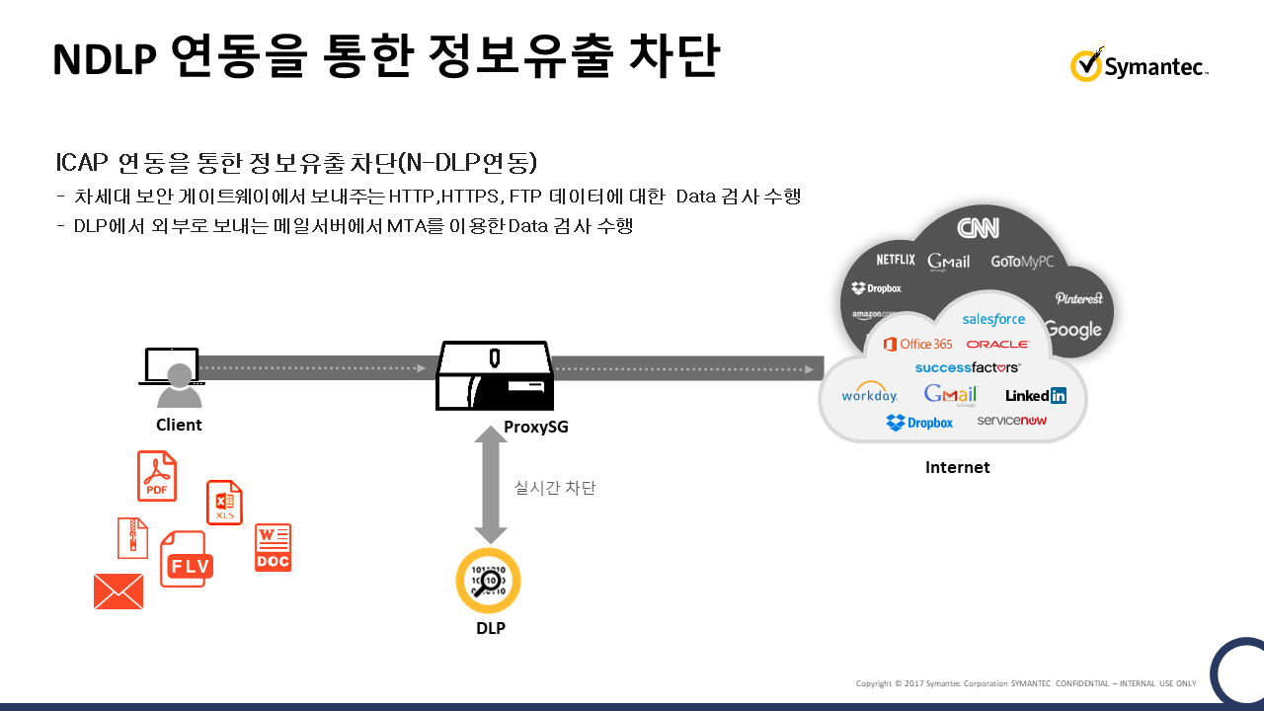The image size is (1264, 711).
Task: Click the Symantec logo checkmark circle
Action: [x=1085, y=65]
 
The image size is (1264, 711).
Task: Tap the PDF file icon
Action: [x=157, y=476]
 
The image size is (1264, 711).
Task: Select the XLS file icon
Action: [x=224, y=503]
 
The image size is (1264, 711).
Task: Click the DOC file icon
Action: [x=273, y=547]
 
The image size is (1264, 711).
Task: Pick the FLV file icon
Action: [x=186, y=560]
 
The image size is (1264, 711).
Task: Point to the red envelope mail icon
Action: [x=118, y=592]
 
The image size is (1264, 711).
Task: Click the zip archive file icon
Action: [x=132, y=538]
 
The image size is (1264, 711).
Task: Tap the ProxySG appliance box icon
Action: [x=495, y=375]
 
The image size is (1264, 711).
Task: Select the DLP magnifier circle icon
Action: [x=488, y=581]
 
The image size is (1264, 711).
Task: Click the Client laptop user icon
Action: [x=174, y=376]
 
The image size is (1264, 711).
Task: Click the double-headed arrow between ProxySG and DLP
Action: [x=490, y=484]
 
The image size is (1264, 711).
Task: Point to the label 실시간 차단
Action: [x=555, y=488]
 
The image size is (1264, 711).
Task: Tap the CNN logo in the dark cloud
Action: [x=978, y=228]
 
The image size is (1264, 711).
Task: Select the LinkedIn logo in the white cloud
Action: [x=1036, y=396]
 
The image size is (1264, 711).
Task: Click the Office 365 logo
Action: [x=918, y=344]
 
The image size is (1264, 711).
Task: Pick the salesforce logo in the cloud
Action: [x=993, y=319]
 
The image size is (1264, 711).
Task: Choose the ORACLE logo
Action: [x=997, y=345]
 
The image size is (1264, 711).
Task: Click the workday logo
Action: [x=869, y=394]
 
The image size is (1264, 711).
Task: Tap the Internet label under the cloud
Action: [x=957, y=467]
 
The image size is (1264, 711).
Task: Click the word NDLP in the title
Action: [x=104, y=59]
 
